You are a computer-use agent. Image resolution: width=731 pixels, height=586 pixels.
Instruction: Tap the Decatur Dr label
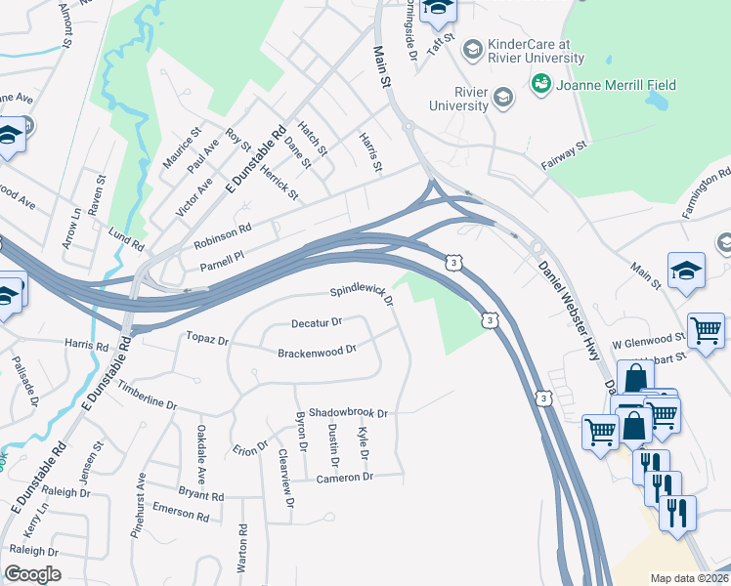(317, 322)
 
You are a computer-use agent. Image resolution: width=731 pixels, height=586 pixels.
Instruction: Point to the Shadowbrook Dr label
(349, 413)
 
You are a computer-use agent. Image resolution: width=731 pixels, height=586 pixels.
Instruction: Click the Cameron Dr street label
(345, 477)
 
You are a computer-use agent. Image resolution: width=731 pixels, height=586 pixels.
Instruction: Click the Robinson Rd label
(222, 236)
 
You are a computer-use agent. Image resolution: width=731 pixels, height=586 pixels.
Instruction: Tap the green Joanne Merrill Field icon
(540, 86)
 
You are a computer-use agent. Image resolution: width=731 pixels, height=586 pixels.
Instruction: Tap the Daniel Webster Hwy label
(567, 303)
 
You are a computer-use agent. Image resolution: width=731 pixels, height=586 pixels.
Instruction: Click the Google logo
(32, 573)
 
